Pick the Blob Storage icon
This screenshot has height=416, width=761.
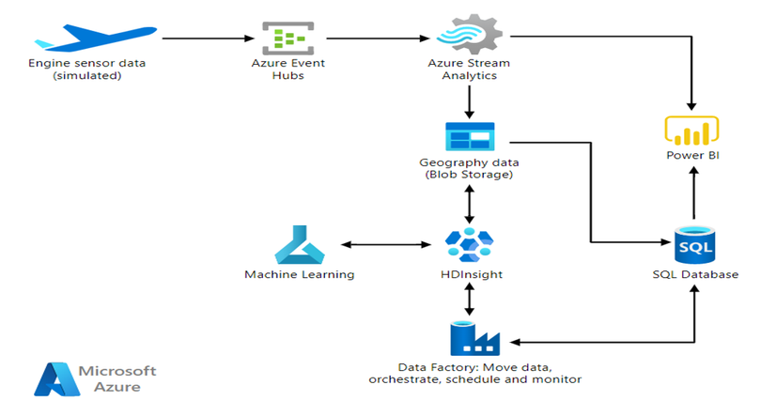pyautogui.click(x=469, y=137)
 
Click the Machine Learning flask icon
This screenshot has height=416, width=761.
pyautogui.click(x=299, y=245)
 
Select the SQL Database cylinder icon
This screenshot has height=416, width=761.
pyautogui.click(x=695, y=245)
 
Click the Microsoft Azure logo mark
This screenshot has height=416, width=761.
pyautogui.click(x=53, y=377)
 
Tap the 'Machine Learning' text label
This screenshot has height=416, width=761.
pyautogui.click(x=299, y=274)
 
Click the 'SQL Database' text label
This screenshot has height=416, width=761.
pyautogui.click(x=695, y=274)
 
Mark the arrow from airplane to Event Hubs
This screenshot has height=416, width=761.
pyautogui.click(x=209, y=39)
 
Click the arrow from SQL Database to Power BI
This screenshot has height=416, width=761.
pyautogui.click(x=692, y=194)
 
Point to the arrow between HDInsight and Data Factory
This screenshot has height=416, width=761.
pyautogui.click(x=469, y=299)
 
